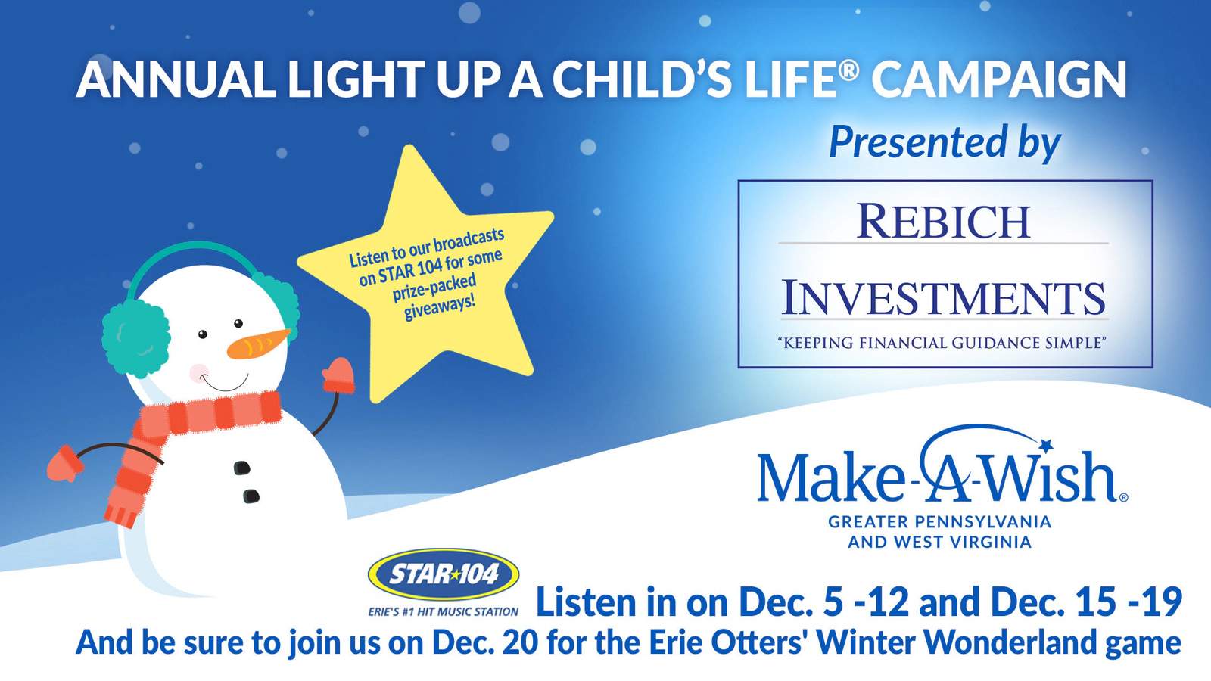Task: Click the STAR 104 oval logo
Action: [444, 574]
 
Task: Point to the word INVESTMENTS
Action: [944, 298]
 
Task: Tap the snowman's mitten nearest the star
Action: [338, 375]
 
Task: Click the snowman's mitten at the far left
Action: [64, 463]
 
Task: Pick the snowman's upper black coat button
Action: [241, 468]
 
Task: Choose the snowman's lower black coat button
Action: [251, 496]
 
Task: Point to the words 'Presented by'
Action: [945, 143]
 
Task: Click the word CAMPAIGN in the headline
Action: [999, 79]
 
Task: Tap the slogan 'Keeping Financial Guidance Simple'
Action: [942, 343]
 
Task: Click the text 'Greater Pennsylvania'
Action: [939, 521]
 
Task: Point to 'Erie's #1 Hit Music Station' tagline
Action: [444, 612]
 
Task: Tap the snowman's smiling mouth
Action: [226, 383]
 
